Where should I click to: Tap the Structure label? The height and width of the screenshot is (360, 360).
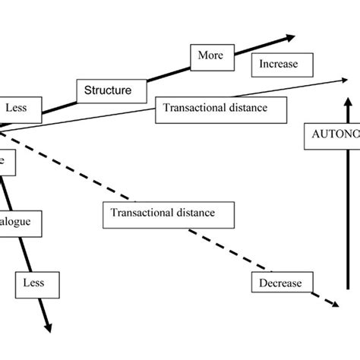[109, 90]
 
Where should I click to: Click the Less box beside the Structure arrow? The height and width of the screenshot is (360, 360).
[16, 108]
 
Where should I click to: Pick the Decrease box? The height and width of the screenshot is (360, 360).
[280, 283]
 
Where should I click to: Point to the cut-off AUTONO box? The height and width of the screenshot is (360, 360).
[331, 131]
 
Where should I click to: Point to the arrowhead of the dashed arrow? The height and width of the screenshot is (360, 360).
[332, 304]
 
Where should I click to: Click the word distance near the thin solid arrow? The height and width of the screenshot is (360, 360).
[243, 108]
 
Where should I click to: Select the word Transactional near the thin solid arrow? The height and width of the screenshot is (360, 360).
[191, 108]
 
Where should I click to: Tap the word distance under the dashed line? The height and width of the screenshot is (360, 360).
[195, 214]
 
